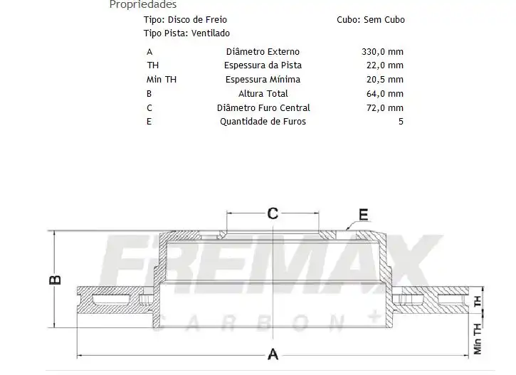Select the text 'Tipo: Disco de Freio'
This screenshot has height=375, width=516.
click(185, 20)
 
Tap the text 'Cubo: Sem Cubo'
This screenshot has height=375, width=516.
click(370, 20)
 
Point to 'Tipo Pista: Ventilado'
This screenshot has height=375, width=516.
click(186, 33)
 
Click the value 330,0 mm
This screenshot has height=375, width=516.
click(382, 52)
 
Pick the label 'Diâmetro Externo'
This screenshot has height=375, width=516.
click(263, 52)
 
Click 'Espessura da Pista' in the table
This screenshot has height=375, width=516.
click(263, 65)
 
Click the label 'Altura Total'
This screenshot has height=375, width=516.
click(263, 94)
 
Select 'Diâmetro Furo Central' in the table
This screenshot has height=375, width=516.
click(263, 108)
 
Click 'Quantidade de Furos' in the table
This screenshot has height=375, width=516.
click(263, 122)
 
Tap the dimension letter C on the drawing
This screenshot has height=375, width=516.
click(272, 213)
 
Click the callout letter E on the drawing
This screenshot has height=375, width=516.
click(363, 214)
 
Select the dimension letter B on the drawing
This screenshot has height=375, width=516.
click(56, 280)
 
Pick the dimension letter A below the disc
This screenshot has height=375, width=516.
click(272, 354)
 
